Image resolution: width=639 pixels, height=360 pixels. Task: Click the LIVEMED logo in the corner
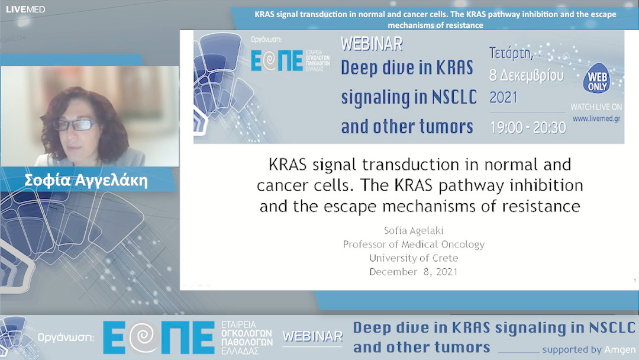(x=25, y=9)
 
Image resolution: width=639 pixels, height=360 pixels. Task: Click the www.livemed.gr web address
(x=596, y=118)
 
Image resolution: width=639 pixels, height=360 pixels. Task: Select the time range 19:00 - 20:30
(x=527, y=127)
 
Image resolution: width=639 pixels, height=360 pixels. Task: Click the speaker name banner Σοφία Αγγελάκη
(x=86, y=181)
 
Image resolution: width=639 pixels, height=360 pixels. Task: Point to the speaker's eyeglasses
(x=74, y=125)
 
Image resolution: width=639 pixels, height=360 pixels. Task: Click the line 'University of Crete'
(x=414, y=258)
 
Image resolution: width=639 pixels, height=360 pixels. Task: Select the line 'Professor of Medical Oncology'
(x=414, y=244)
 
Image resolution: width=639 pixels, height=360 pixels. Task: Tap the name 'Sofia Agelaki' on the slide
(x=414, y=230)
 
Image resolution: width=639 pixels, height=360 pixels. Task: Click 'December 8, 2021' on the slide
(x=414, y=272)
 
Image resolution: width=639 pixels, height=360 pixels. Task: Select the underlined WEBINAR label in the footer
(x=312, y=337)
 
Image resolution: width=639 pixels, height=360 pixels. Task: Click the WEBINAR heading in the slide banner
(x=372, y=44)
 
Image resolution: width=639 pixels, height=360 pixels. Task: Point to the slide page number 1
(x=626, y=281)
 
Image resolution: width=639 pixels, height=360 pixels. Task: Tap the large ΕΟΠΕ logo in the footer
(x=159, y=337)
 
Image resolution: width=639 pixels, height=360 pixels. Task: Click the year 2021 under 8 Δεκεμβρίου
(x=504, y=98)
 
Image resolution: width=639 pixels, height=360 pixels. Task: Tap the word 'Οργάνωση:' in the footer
(x=66, y=338)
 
